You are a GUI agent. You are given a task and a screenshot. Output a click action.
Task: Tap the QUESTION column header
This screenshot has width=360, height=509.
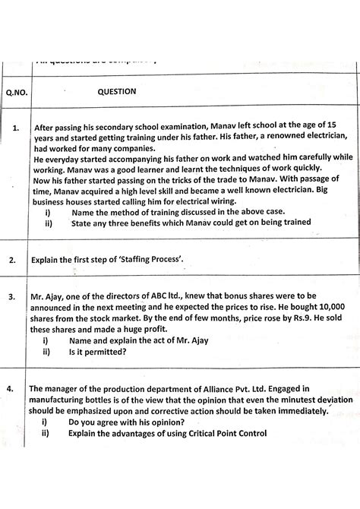(116, 91)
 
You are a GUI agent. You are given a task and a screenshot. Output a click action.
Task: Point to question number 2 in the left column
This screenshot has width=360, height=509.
(14, 260)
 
